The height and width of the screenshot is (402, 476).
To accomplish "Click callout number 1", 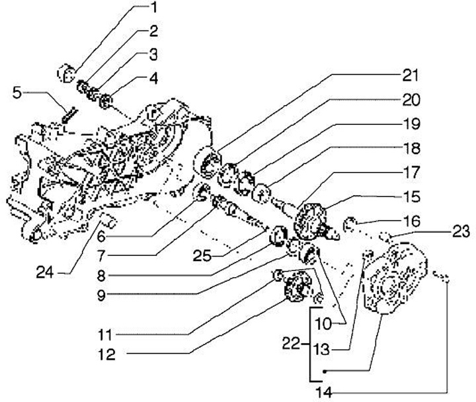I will pyautogui.click(x=153, y=9).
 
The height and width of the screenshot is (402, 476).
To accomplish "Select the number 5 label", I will pyautogui.click(x=17, y=93).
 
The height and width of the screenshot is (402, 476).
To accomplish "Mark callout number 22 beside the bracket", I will pyautogui.click(x=291, y=344).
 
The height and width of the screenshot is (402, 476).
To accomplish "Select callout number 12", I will pyautogui.click(x=106, y=354).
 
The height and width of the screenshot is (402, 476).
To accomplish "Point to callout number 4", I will pyautogui.click(x=153, y=78).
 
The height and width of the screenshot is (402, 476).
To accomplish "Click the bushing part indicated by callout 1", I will pyautogui.click(x=67, y=72).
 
